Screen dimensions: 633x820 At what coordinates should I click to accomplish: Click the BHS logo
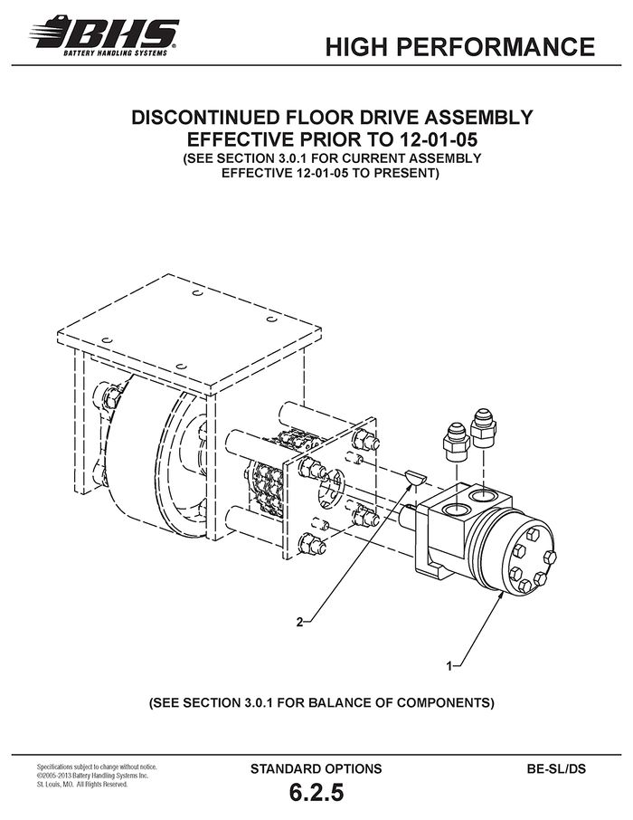[x=104, y=35]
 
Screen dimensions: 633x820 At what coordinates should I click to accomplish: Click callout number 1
[x=449, y=666]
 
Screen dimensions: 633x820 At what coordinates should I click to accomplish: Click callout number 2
[x=299, y=623]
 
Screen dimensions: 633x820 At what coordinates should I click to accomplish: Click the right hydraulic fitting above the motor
[x=483, y=428]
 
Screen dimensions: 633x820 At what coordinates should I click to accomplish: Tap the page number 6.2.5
[x=316, y=792]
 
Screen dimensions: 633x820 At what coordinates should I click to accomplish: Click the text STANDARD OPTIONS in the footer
[x=316, y=768]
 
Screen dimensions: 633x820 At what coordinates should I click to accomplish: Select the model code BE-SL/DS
[x=557, y=768]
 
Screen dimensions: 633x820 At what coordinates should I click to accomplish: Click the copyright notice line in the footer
[x=92, y=776]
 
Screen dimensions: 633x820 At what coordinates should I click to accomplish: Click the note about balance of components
[x=321, y=701]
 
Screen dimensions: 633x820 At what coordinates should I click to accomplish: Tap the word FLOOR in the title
[x=322, y=117]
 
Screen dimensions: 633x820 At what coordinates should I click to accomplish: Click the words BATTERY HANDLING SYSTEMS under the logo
[x=116, y=52]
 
